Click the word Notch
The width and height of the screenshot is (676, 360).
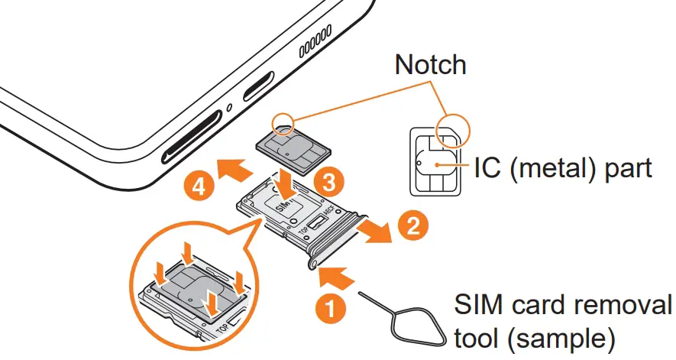click(x=430, y=65)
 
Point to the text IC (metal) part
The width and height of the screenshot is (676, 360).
click(x=563, y=167)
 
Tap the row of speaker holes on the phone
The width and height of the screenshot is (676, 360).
click(x=314, y=47)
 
